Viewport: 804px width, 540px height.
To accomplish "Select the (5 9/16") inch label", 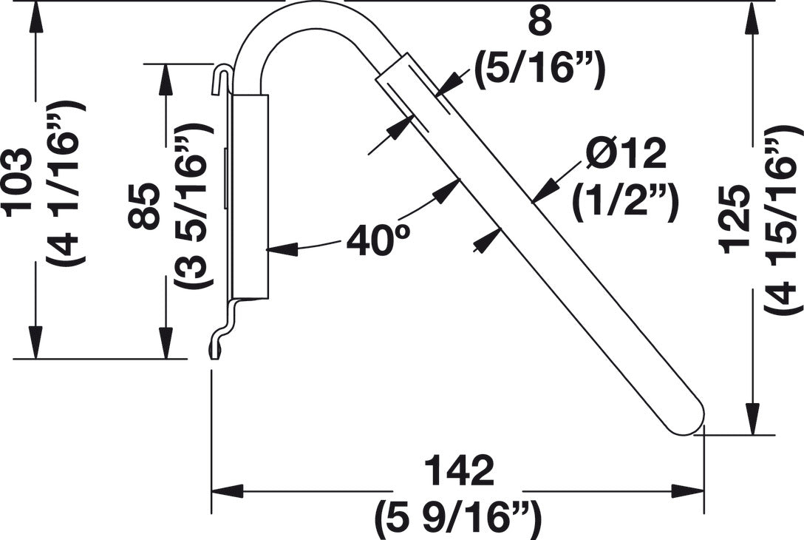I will tap(457, 518).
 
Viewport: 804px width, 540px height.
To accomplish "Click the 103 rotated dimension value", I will tap(20, 182).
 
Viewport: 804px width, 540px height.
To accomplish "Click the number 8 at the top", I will tap(540, 22).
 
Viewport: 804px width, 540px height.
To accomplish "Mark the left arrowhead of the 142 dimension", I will tap(226, 490).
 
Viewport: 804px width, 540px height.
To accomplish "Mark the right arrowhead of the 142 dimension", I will tap(687, 490).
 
